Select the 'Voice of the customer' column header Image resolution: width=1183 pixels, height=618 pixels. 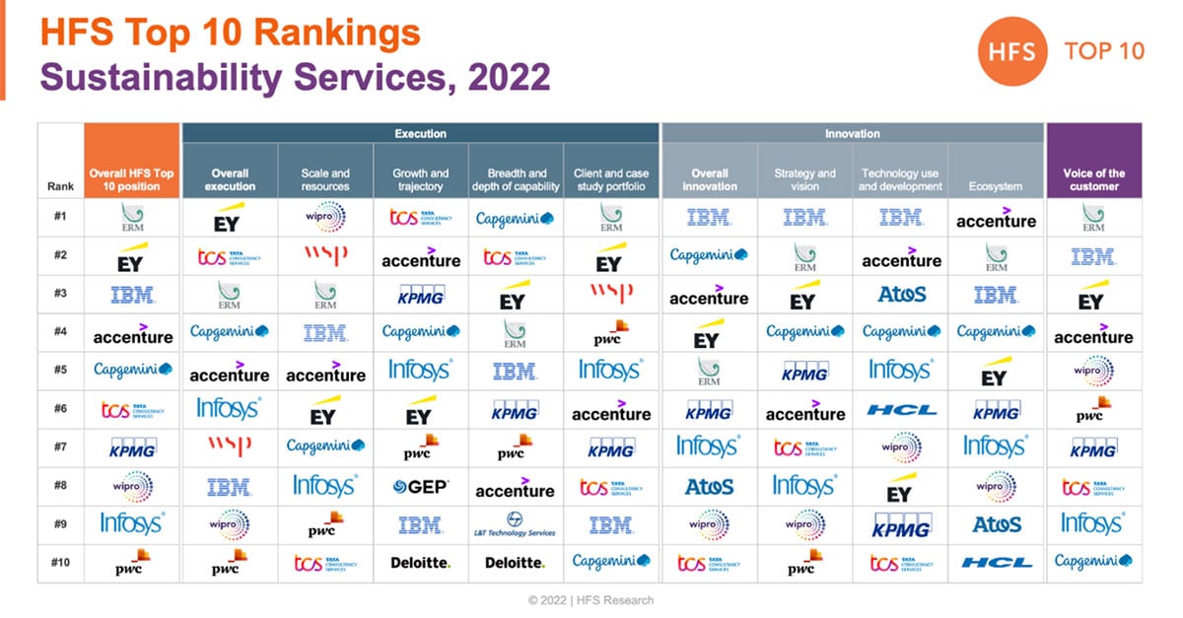[1093, 179]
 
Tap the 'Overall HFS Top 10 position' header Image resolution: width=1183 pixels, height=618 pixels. [132, 179]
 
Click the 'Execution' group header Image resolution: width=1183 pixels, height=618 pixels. [420, 133]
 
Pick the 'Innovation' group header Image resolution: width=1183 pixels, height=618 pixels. [852, 133]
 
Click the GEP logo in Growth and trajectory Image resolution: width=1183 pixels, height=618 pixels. [421, 486]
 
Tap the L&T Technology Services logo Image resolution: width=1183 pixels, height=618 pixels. [516, 524]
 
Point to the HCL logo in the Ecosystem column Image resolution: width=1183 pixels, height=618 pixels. [996, 563]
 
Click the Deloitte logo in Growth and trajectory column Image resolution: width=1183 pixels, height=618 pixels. [421, 563]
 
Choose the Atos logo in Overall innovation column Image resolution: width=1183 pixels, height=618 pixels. [709, 486]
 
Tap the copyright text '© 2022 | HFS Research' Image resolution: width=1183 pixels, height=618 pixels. [591, 599]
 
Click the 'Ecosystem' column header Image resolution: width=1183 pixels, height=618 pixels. [996, 186]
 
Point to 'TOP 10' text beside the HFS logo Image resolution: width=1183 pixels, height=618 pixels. [1104, 51]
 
